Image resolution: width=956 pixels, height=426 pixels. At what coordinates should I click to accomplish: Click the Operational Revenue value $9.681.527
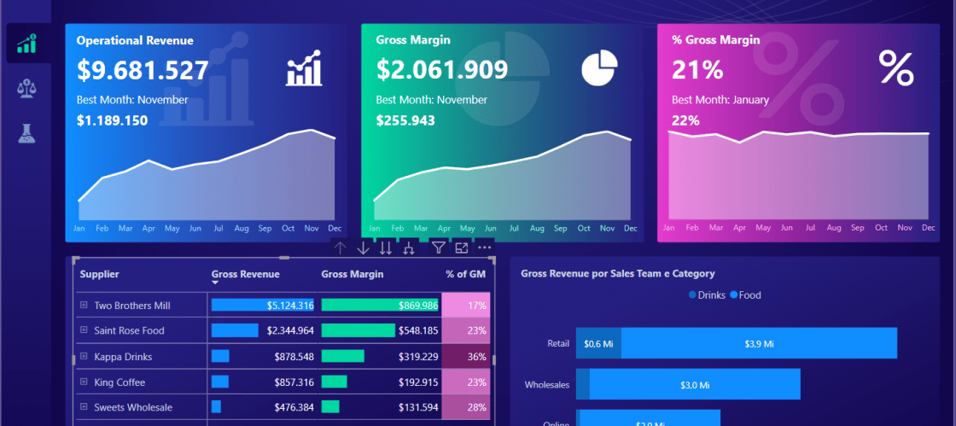[x=143, y=70]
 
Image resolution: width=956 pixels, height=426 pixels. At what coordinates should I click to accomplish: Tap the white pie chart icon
[x=599, y=68]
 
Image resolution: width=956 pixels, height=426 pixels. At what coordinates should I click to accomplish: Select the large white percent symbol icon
[x=895, y=68]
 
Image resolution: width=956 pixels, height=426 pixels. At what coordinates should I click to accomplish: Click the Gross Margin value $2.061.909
[x=441, y=70]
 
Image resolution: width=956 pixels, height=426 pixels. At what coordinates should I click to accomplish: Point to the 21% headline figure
[x=697, y=70]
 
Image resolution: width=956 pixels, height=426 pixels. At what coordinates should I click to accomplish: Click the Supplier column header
[x=99, y=274]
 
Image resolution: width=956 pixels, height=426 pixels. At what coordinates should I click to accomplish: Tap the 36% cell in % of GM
[x=467, y=357]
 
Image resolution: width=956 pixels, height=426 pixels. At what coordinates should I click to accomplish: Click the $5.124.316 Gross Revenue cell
[x=263, y=305]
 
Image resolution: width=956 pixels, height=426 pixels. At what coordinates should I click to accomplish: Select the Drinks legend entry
[x=707, y=295]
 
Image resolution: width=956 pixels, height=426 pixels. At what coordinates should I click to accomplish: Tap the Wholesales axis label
[x=546, y=385]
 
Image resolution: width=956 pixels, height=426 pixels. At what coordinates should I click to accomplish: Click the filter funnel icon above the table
[x=438, y=248]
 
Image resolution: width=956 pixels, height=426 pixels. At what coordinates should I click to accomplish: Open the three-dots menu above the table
[x=485, y=248]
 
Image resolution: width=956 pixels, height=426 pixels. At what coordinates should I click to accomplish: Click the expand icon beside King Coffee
[x=84, y=382]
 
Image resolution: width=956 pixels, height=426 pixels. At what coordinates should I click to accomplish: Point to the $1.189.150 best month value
[x=112, y=120]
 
